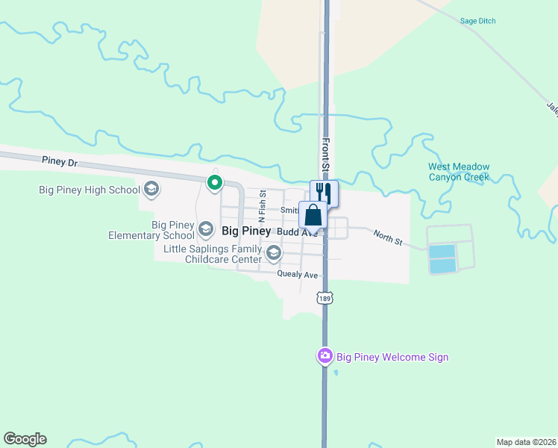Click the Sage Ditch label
tap(478, 21)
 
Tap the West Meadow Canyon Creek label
tap(459, 172)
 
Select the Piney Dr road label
tap(60, 161)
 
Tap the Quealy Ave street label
tap(298, 275)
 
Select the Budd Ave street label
tap(297, 232)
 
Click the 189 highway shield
tap(325, 299)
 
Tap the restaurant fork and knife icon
tap(325, 193)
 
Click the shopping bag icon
tap(313, 215)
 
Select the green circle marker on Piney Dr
tap(215, 182)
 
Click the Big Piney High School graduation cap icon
tap(151, 189)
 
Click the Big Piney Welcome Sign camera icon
tap(325, 356)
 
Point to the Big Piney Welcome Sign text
tap(392, 357)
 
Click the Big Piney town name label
tap(246, 231)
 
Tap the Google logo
tap(25, 439)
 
